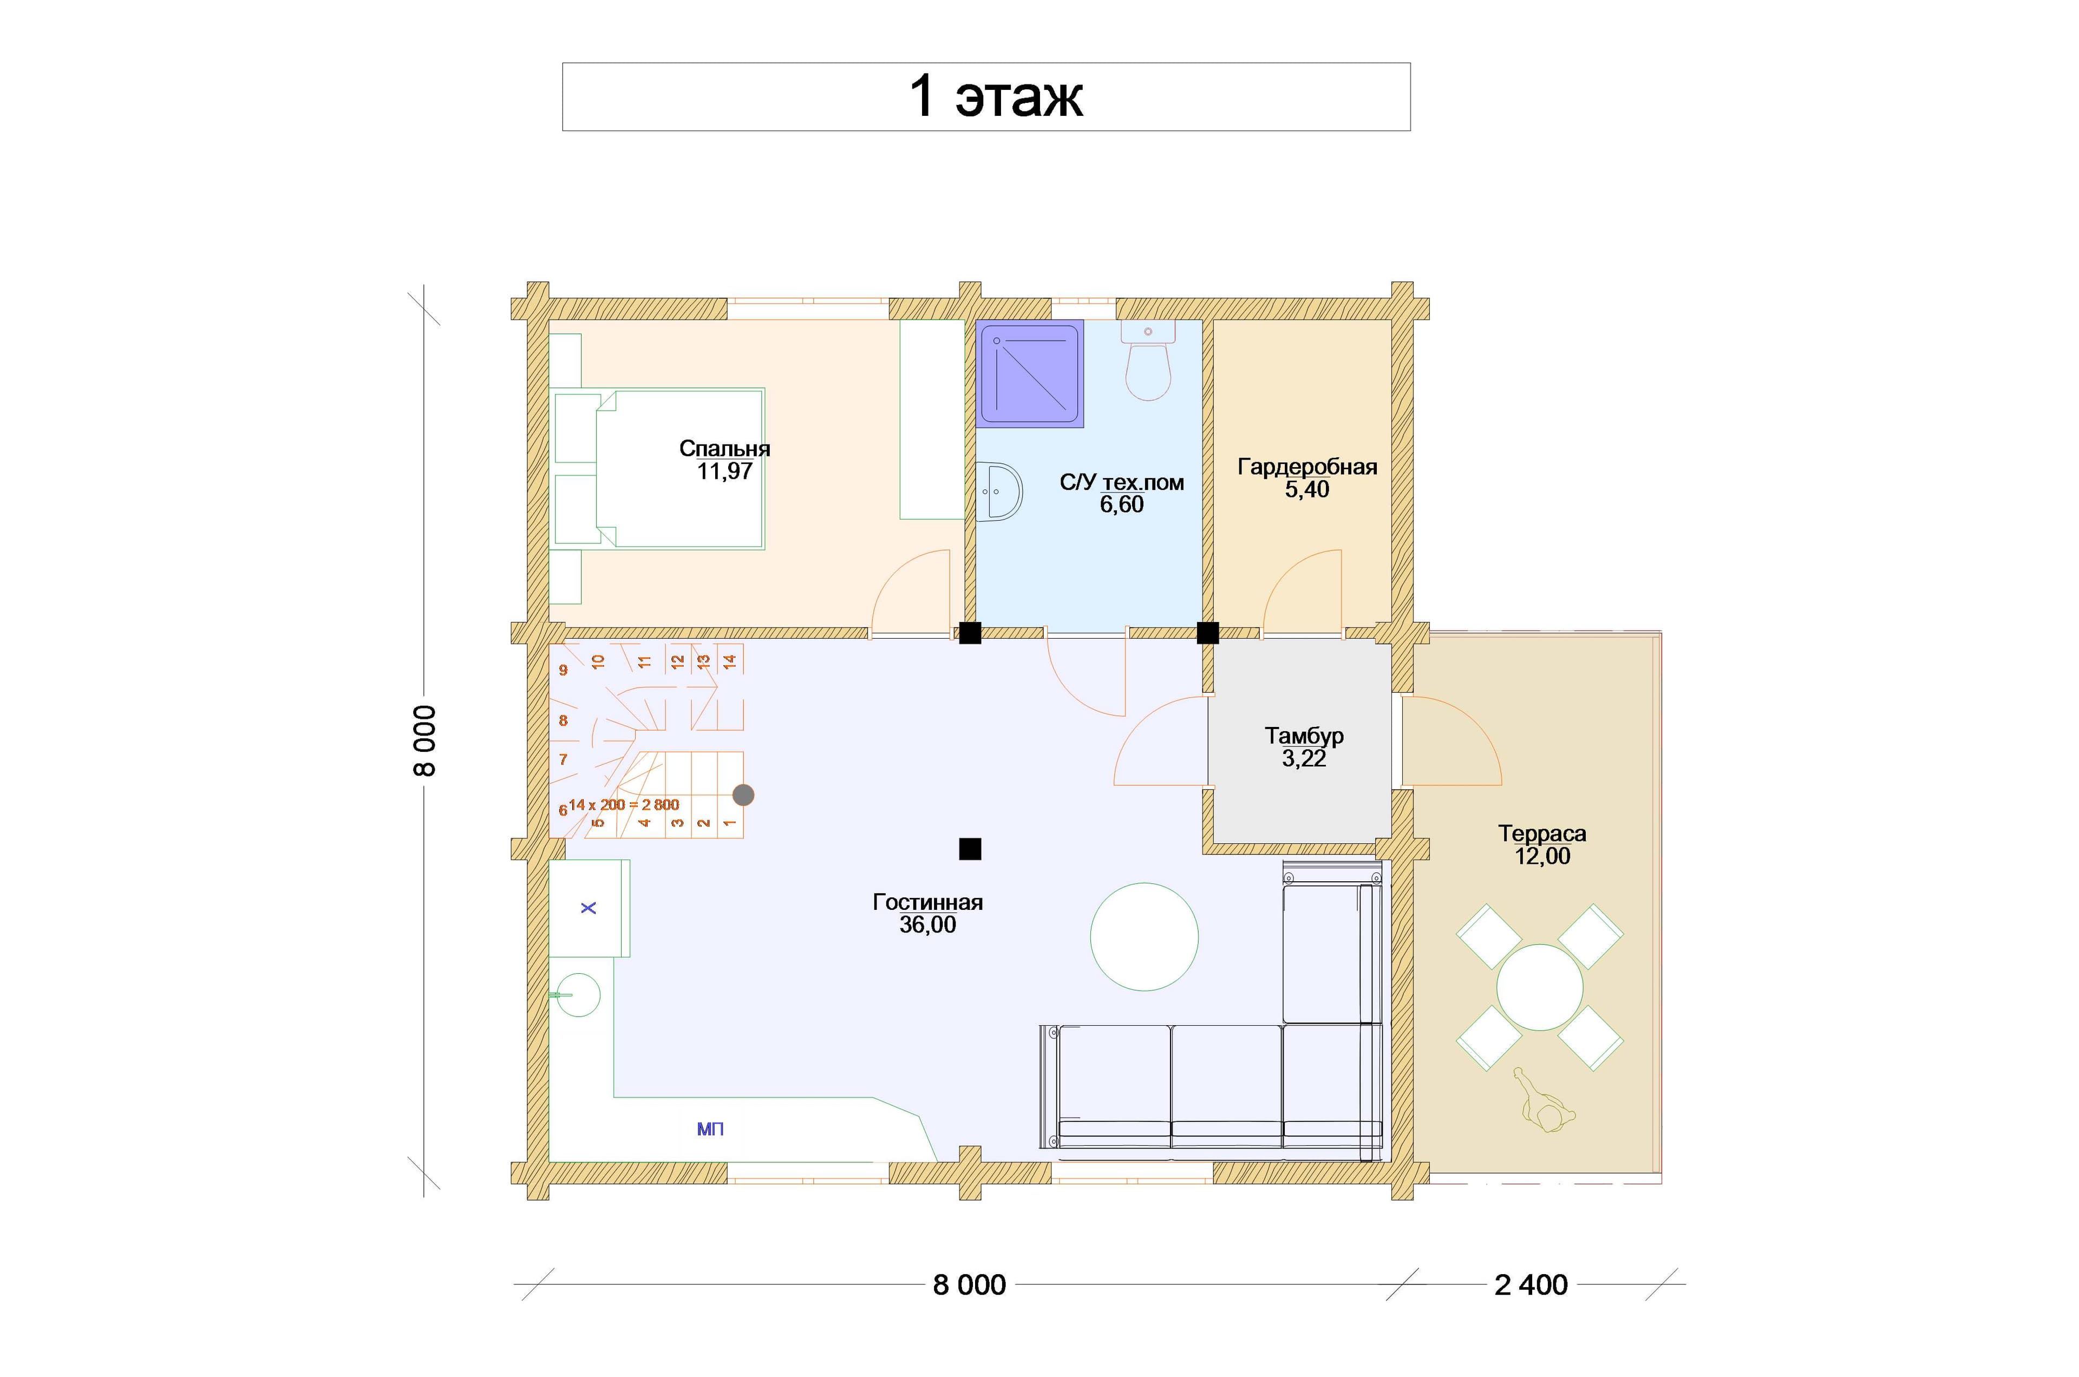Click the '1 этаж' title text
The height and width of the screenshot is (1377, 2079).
[995, 96]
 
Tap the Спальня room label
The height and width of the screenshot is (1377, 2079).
[724, 449]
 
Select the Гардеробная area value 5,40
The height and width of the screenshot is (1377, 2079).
[1307, 490]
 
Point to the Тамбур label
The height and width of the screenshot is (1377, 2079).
[1304, 736]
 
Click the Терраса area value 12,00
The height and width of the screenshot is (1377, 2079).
[1542, 856]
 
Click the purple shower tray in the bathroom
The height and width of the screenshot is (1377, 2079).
[1029, 374]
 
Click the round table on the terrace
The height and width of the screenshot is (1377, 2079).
[1540, 987]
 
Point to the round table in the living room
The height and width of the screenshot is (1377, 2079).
[1145, 937]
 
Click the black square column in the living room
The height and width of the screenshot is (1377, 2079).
[970, 849]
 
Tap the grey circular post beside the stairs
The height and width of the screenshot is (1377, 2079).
[743, 795]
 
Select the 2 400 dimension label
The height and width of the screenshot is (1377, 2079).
[1531, 1285]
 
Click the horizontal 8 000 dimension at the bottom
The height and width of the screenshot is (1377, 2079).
[969, 1285]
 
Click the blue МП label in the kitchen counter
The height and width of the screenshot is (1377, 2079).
[710, 1129]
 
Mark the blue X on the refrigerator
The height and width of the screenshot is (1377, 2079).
[589, 907]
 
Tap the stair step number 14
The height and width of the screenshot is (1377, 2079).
[729, 660]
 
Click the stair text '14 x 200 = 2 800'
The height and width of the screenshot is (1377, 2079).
[624, 804]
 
